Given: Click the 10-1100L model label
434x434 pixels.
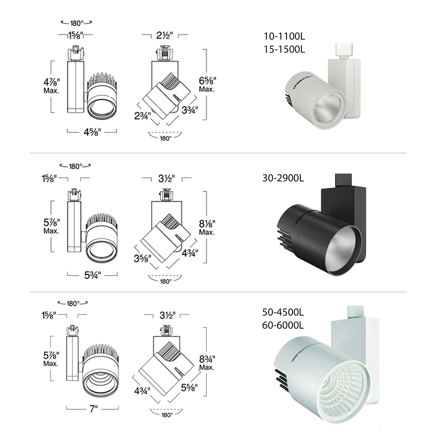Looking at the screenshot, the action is tap(284, 36).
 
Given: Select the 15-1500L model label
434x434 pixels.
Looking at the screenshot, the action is tap(284, 49).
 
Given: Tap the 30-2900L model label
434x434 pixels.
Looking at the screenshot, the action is tap(283, 178).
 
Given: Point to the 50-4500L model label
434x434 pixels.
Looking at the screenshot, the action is tap(283, 312).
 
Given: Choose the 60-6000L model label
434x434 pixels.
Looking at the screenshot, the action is tap(283, 325).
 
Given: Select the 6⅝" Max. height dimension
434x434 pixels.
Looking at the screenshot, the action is tap(207, 84).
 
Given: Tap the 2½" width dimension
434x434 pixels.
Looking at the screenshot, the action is tap(165, 36).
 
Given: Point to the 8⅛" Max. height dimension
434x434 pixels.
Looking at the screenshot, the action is tap(207, 227).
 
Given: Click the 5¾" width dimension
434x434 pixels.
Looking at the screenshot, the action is tap(92, 275).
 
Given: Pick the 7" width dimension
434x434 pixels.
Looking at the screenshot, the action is tap(94, 408).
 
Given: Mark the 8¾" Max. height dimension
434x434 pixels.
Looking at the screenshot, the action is tap(207, 363).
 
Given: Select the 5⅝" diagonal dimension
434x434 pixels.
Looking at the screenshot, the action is tap(189, 387).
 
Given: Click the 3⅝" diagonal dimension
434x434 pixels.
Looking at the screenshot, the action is tap(142, 258).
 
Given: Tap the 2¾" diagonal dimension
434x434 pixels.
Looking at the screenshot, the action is tap(142, 116).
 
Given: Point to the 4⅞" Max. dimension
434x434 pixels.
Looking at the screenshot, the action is tap(51, 86).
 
